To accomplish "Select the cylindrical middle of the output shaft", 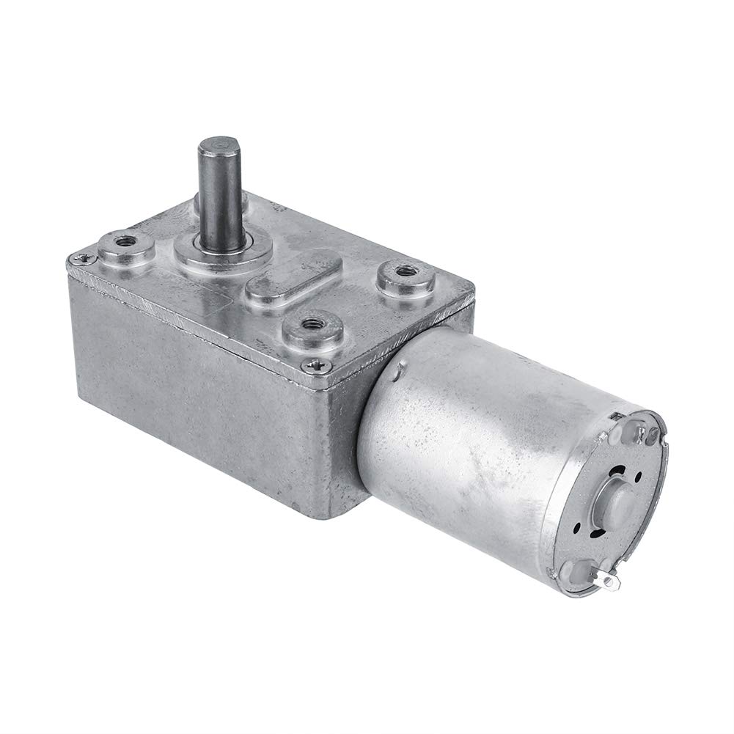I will point(219,191).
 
